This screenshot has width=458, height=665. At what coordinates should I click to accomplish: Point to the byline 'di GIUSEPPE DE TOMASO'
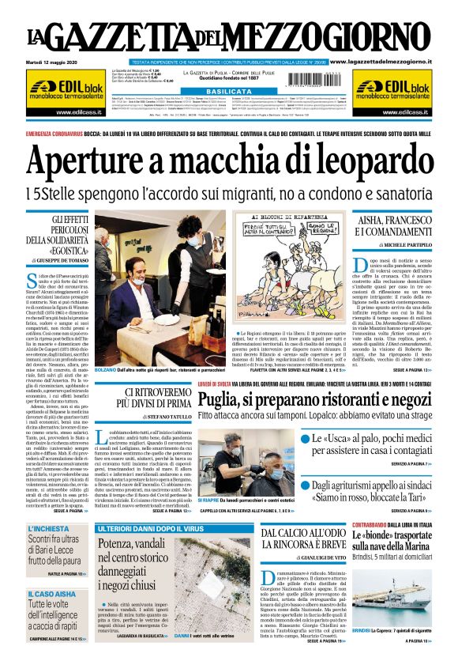click(60, 259)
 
